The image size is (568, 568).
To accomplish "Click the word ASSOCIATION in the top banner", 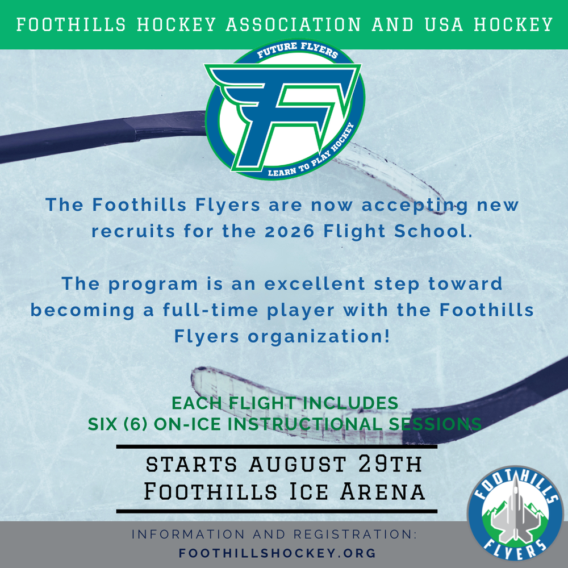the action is click(x=294, y=24).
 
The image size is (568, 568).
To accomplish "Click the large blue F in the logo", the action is click(x=282, y=114).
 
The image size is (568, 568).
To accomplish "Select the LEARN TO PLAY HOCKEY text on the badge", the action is click(x=311, y=152).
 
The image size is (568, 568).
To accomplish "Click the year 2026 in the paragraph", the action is click(x=289, y=232).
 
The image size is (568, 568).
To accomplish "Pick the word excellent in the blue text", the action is click(x=315, y=283).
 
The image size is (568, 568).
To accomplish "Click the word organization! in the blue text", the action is click(x=319, y=337).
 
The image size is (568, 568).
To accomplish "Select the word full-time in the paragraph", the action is click(x=211, y=310).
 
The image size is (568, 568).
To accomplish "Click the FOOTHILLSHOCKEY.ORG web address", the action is click(x=278, y=553).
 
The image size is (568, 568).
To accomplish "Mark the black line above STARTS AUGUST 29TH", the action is click(x=277, y=447).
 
